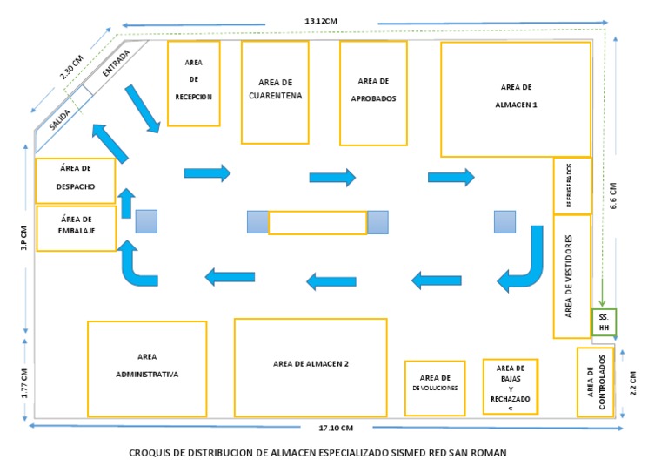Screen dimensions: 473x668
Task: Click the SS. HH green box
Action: tap(603, 322)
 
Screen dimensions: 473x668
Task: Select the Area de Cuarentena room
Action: tap(275, 91)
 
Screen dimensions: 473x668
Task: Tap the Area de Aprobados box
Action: tap(373, 93)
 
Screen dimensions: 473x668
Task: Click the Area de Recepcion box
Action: tap(193, 84)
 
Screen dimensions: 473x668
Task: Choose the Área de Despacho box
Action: tap(75, 180)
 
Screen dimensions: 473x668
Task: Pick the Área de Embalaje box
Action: tap(76, 228)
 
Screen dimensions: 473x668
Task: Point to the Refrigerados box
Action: tap(571, 186)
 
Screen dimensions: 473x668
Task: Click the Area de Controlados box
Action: tap(595, 382)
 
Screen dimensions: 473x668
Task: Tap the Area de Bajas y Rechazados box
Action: tap(510, 386)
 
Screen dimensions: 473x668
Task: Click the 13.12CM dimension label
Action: tap(322, 20)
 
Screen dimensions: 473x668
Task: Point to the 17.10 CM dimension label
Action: tap(336, 428)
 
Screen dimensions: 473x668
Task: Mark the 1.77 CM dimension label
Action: tap(24, 383)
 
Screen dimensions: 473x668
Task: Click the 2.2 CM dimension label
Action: tap(634, 382)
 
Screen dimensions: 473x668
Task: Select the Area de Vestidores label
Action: tap(570, 274)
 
